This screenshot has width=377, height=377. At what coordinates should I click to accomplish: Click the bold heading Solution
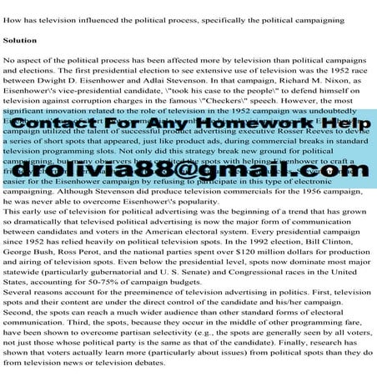click(20, 39)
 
